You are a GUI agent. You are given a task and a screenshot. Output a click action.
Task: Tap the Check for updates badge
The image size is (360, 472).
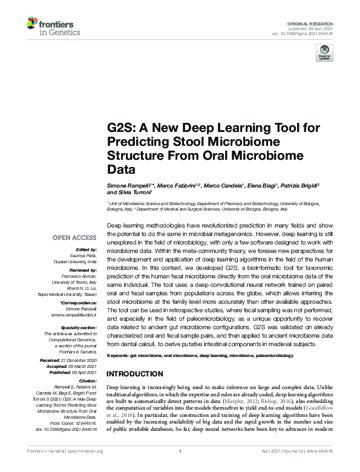click(324, 54)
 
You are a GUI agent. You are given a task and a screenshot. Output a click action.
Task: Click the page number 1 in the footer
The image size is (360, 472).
click(180, 468)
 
